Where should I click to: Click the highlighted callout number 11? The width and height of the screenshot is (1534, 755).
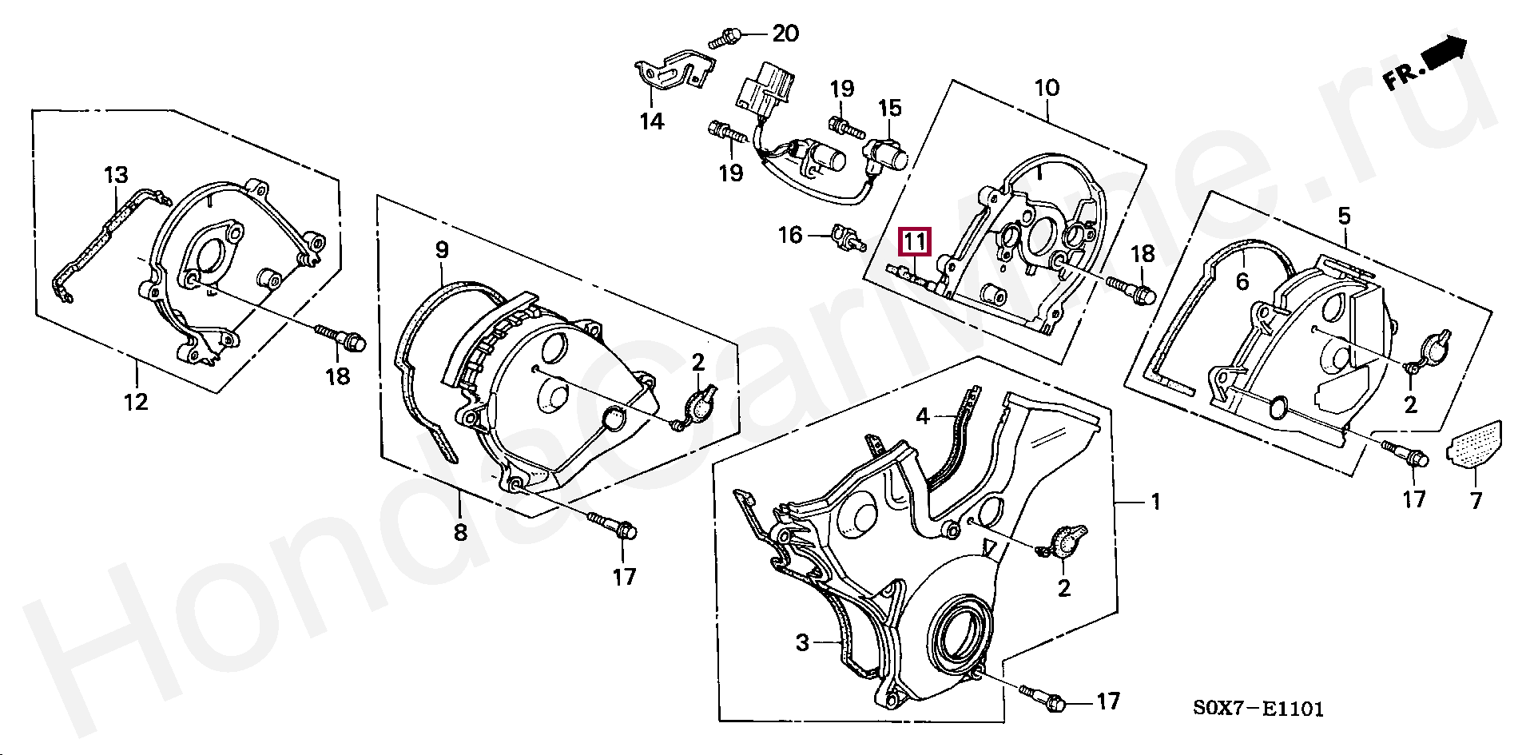click(914, 240)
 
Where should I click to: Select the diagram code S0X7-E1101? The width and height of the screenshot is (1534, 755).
click(1258, 708)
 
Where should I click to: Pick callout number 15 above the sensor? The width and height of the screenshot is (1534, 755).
click(889, 107)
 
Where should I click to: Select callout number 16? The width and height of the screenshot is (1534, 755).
click(790, 235)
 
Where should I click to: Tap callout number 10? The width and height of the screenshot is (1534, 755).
click(1047, 87)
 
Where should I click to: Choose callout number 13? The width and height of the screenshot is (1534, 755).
click(116, 175)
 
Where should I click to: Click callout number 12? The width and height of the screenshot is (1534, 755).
click(137, 401)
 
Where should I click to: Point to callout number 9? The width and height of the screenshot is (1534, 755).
click(442, 251)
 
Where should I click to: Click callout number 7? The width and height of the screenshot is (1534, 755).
click(1475, 501)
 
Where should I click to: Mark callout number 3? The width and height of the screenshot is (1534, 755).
click(803, 642)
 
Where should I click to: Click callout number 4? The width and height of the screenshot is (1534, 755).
click(923, 415)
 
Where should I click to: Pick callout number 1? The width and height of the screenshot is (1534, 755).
click(1154, 502)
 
